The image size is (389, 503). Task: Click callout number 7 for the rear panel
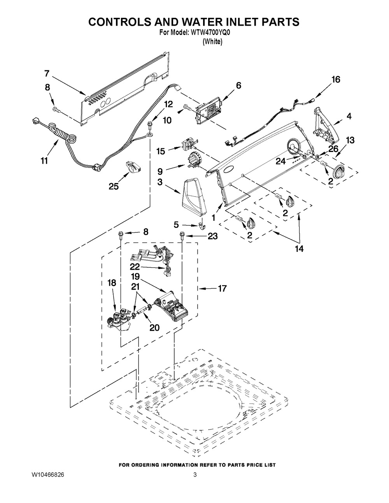pos(47,73)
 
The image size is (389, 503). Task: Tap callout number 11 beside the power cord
pos(44,161)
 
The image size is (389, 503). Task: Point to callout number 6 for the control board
pos(238,86)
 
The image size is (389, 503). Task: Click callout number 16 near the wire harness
pos(336,79)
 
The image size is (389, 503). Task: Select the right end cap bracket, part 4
pos(325,125)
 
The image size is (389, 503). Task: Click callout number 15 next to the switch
pos(160,151)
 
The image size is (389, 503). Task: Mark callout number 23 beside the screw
pos(212,236)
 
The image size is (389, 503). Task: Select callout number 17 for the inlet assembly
pos(222,288)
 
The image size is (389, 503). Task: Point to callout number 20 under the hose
pos(154,327)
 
